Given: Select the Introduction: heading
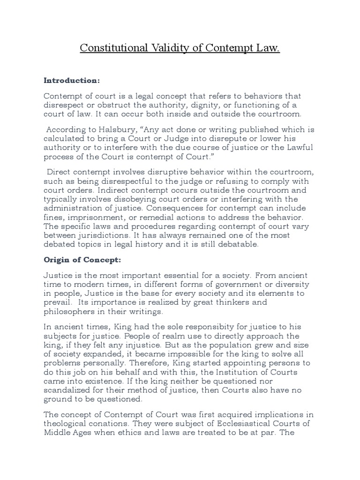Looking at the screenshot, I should click(x=72, y=80).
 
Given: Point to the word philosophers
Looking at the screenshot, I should click(x=67, y=311).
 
